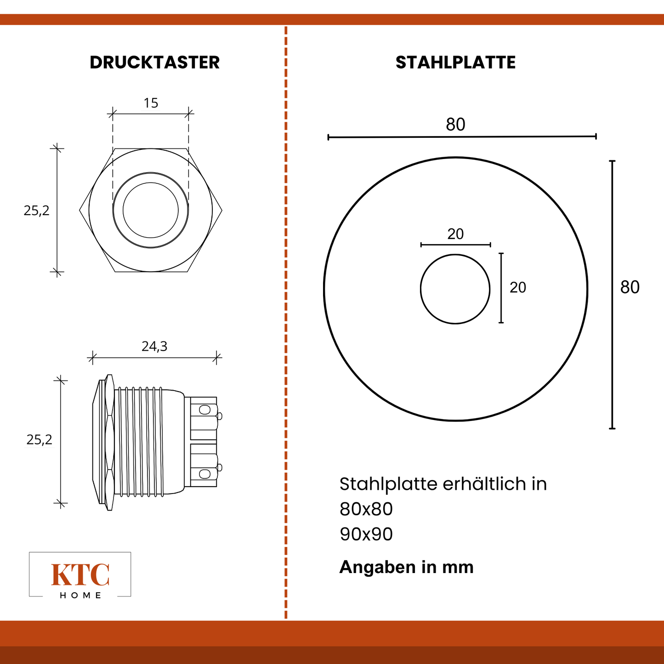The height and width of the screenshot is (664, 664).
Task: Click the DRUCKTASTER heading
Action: pyautogui.click(x=155, y=62)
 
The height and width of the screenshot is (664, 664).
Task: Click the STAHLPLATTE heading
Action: pyautogui.click(x=455, y=62)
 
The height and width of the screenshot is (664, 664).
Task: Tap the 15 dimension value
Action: pyautogui.click(x=151, y=102)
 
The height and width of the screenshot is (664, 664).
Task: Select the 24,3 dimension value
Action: pyautogui.click(x=154, y=346)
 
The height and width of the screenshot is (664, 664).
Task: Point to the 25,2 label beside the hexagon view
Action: pyautogui.click(x=36, y=210)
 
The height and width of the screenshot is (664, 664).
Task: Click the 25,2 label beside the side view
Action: pyautogui.click(x=39, y=440)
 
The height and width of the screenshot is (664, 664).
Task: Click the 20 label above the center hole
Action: pyautogui.click(x=455, y=234)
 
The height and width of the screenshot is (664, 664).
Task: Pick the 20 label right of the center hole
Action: pyautogui.click(x=518, y=287)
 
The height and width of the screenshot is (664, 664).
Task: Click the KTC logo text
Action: pyautogui.click(x=80, y=575)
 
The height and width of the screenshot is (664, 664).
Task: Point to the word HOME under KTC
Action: pyautogui.click(x=80, y=596)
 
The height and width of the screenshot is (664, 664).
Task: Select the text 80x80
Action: pyautogui.click(x=366, y=509)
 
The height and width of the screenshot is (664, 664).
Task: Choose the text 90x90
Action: pyautogui.click(x=366, y=534)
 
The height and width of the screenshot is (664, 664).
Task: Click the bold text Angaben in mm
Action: pyautogui.click(x=406, y=567)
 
